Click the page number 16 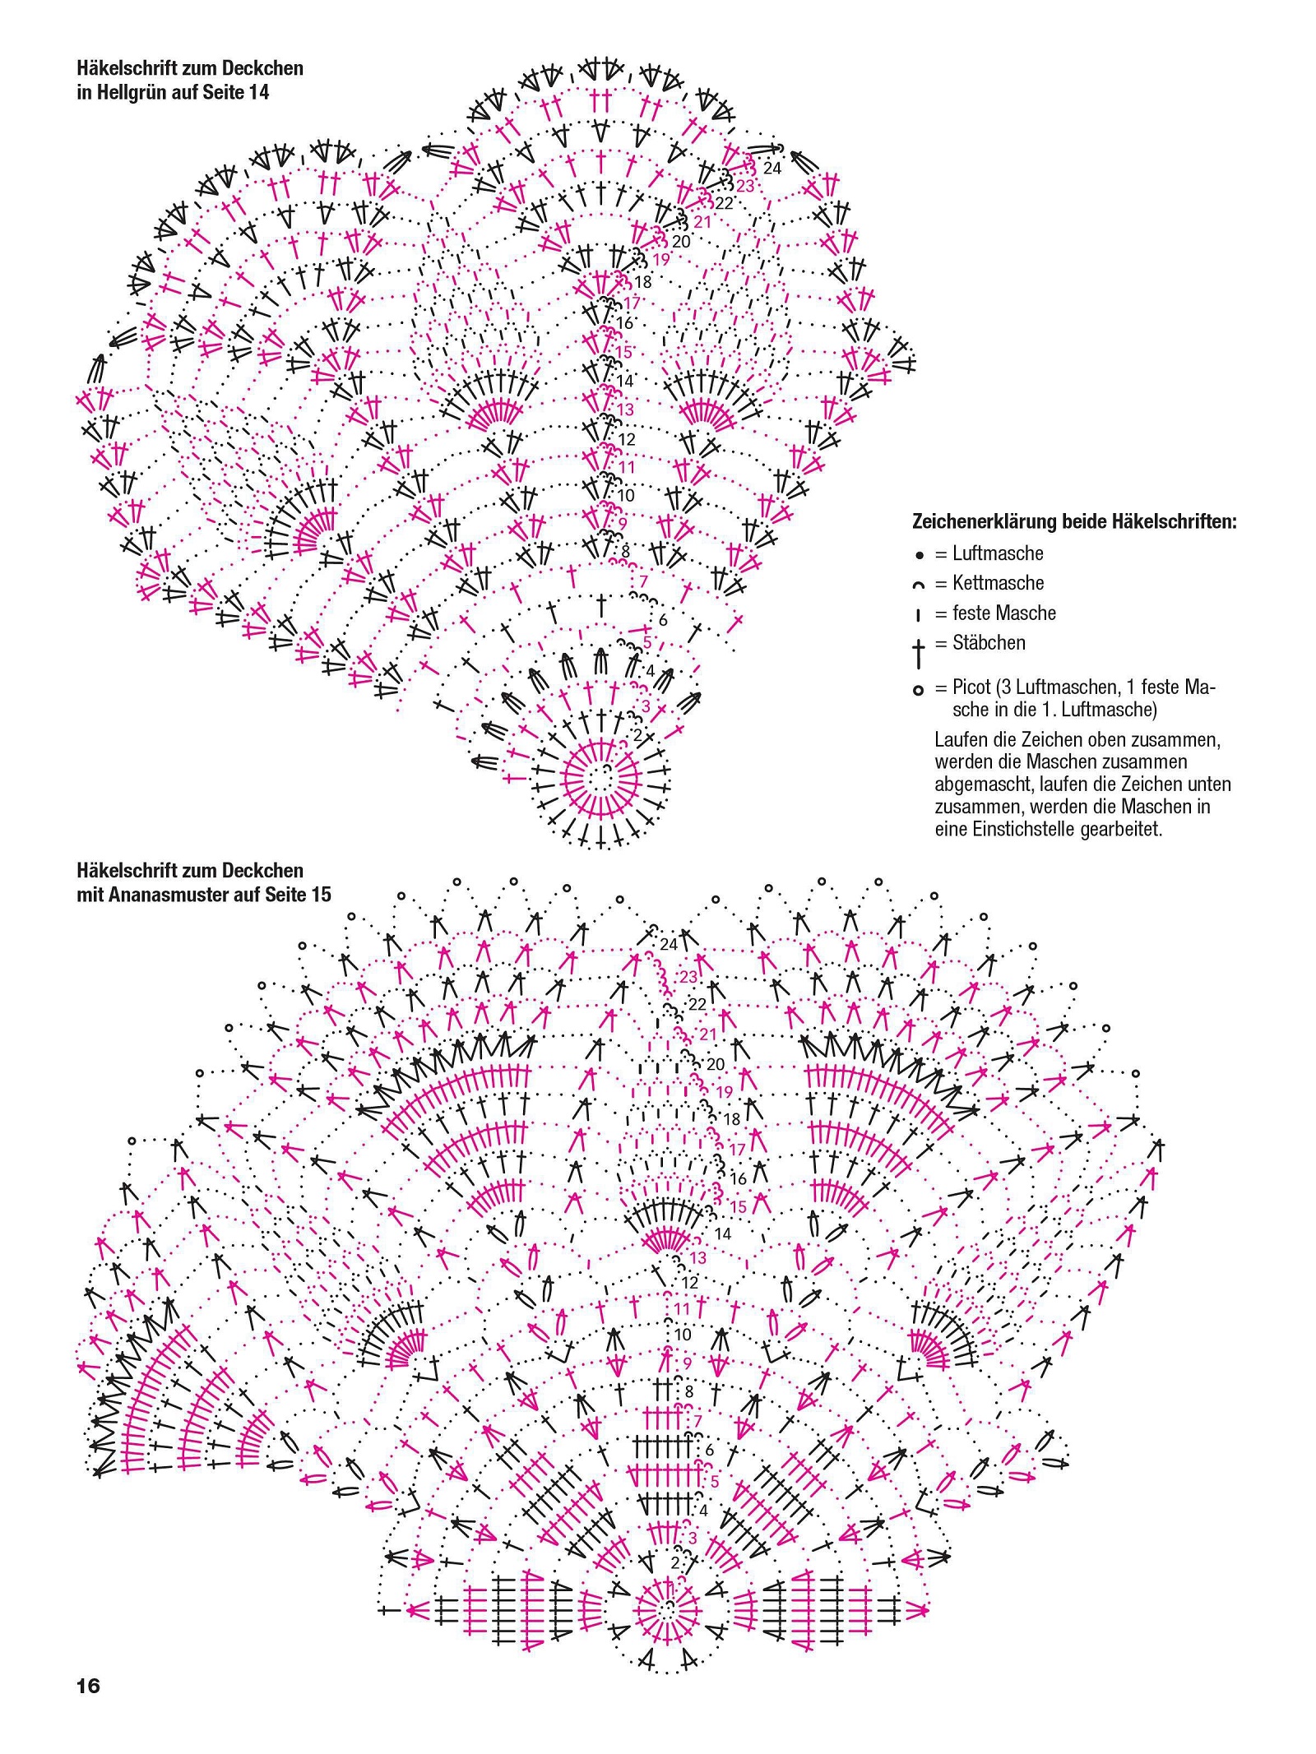pyautogui.click(x=88, y=1686)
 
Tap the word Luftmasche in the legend pyautogui.click(x=998, y=553)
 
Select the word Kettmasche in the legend pyautogui.click(x=998, y=583)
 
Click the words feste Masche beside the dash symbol pyautogui.click(x=1004, y=613)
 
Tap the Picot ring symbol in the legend pyautogui.click(x=919, y=691)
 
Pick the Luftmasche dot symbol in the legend pyautogui.click(x=920, y=555)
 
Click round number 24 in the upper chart pyautogui.click(x=772, y=168)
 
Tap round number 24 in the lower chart pyautogui.click(x=669, y=944)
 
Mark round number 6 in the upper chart pyautogui.click(x=663, y=620)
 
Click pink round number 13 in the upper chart pyautogui.click(x=625, y=410)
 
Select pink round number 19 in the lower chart pyautogui.click(x=725, y=1092)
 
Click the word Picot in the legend pyautogui.click(x=971, y=687)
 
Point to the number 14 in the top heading pyautogui.click(x=259, y=92)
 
